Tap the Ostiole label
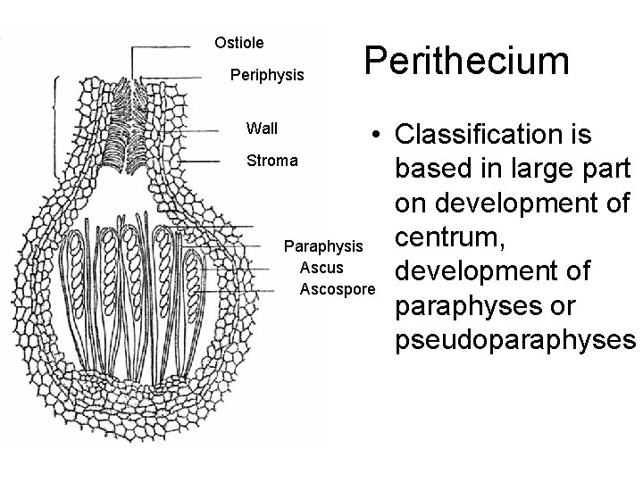[239, 41]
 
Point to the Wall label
[262, 129]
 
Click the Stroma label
[272, 162]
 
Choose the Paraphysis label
[322, 245]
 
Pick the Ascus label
[322, 267]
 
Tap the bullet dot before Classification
[379, 136]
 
